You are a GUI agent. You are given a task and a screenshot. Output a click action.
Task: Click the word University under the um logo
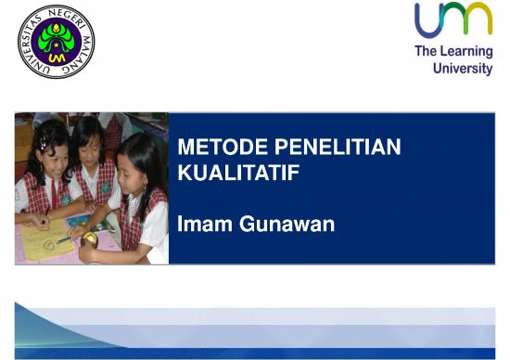coord(463,69)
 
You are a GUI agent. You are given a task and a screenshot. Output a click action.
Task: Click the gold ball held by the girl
coord(90,238)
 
